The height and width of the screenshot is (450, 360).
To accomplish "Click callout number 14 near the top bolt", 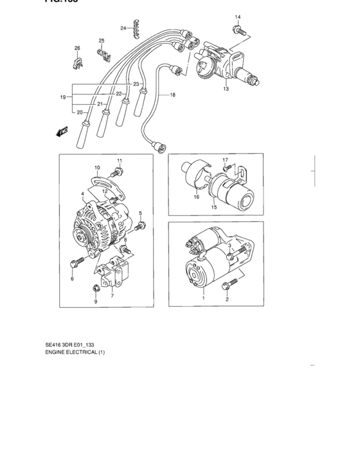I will click(237, 17).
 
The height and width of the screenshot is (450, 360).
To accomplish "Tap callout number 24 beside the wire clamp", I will click(123, 28).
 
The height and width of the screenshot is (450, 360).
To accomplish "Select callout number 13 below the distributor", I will click(226, 89).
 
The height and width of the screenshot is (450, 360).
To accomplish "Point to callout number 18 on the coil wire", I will click(172, 95).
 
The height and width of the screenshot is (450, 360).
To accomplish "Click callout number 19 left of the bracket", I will click(63, 97).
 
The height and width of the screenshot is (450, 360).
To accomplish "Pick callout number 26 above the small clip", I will click(77, 48).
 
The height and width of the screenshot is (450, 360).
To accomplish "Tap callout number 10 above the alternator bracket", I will click(97, 168).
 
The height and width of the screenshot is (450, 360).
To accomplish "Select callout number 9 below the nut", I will click(95, 301).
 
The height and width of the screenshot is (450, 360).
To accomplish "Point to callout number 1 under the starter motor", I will click(204, 298).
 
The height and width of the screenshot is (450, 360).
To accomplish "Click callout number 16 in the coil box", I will click(196, 198).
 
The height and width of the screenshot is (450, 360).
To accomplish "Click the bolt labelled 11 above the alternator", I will click(116, 172).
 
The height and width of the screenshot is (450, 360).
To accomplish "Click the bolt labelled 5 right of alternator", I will click(139, 224).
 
